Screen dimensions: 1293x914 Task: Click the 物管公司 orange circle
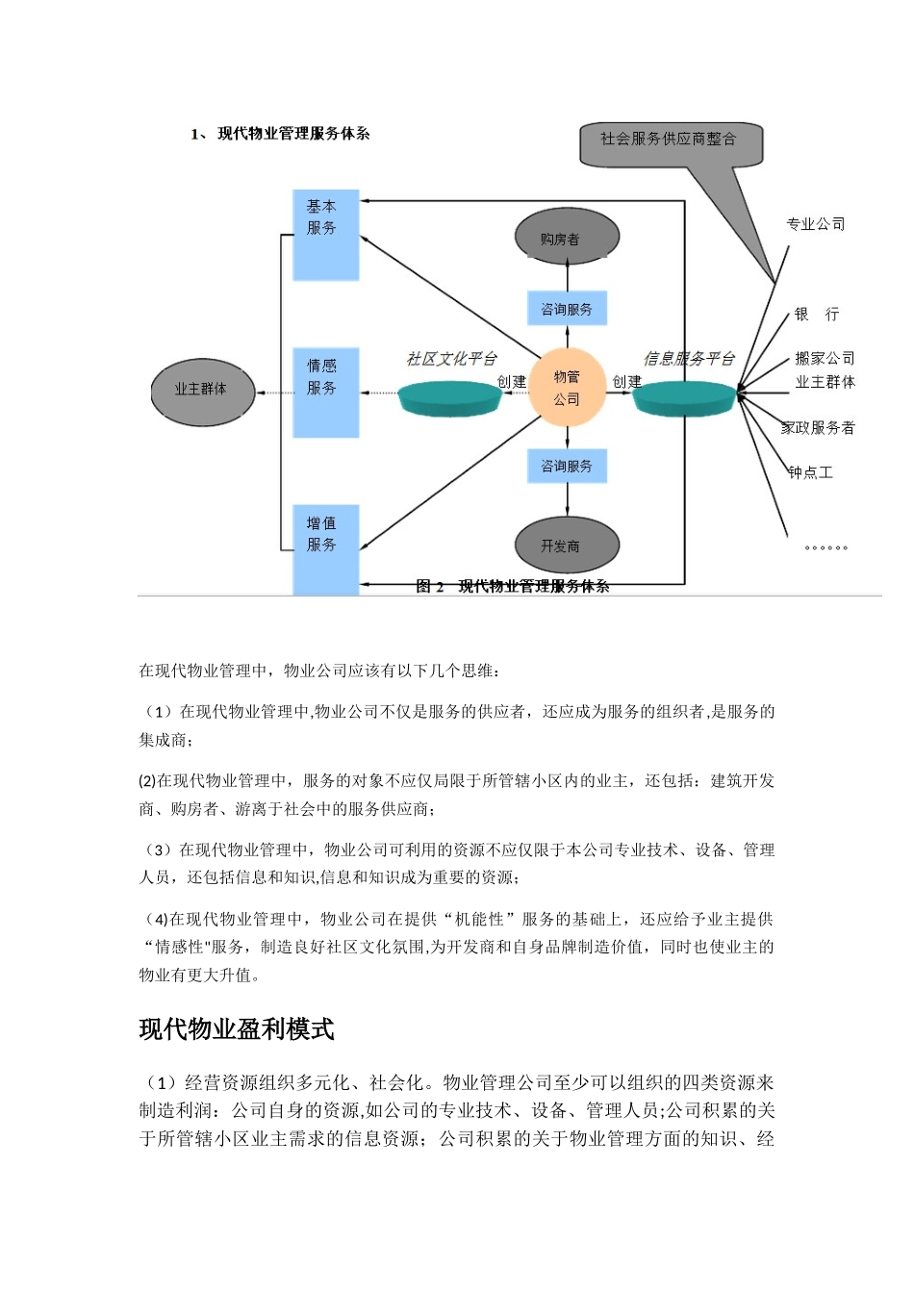567,388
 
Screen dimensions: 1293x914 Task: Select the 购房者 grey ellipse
567,238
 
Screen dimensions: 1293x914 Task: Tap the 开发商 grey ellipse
567,545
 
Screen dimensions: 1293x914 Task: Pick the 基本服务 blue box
325,235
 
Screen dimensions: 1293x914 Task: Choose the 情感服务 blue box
325,393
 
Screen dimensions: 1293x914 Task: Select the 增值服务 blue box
325,548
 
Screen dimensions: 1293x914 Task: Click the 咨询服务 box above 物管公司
567,309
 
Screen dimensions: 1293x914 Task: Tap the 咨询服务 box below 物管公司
567,466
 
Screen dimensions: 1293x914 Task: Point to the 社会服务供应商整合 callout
671,142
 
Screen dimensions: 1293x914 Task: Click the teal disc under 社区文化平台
449,397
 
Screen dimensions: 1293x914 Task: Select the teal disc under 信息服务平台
684,395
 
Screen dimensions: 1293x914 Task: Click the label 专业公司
816,224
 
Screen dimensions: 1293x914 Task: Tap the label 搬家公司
825,358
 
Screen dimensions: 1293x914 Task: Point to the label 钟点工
810,472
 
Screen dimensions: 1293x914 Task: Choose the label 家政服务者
818,428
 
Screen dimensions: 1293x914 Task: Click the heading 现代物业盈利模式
237,1029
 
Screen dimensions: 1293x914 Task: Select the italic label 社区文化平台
451,359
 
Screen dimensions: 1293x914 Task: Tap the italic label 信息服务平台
689,359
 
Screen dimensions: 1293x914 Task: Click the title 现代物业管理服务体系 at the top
293,134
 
